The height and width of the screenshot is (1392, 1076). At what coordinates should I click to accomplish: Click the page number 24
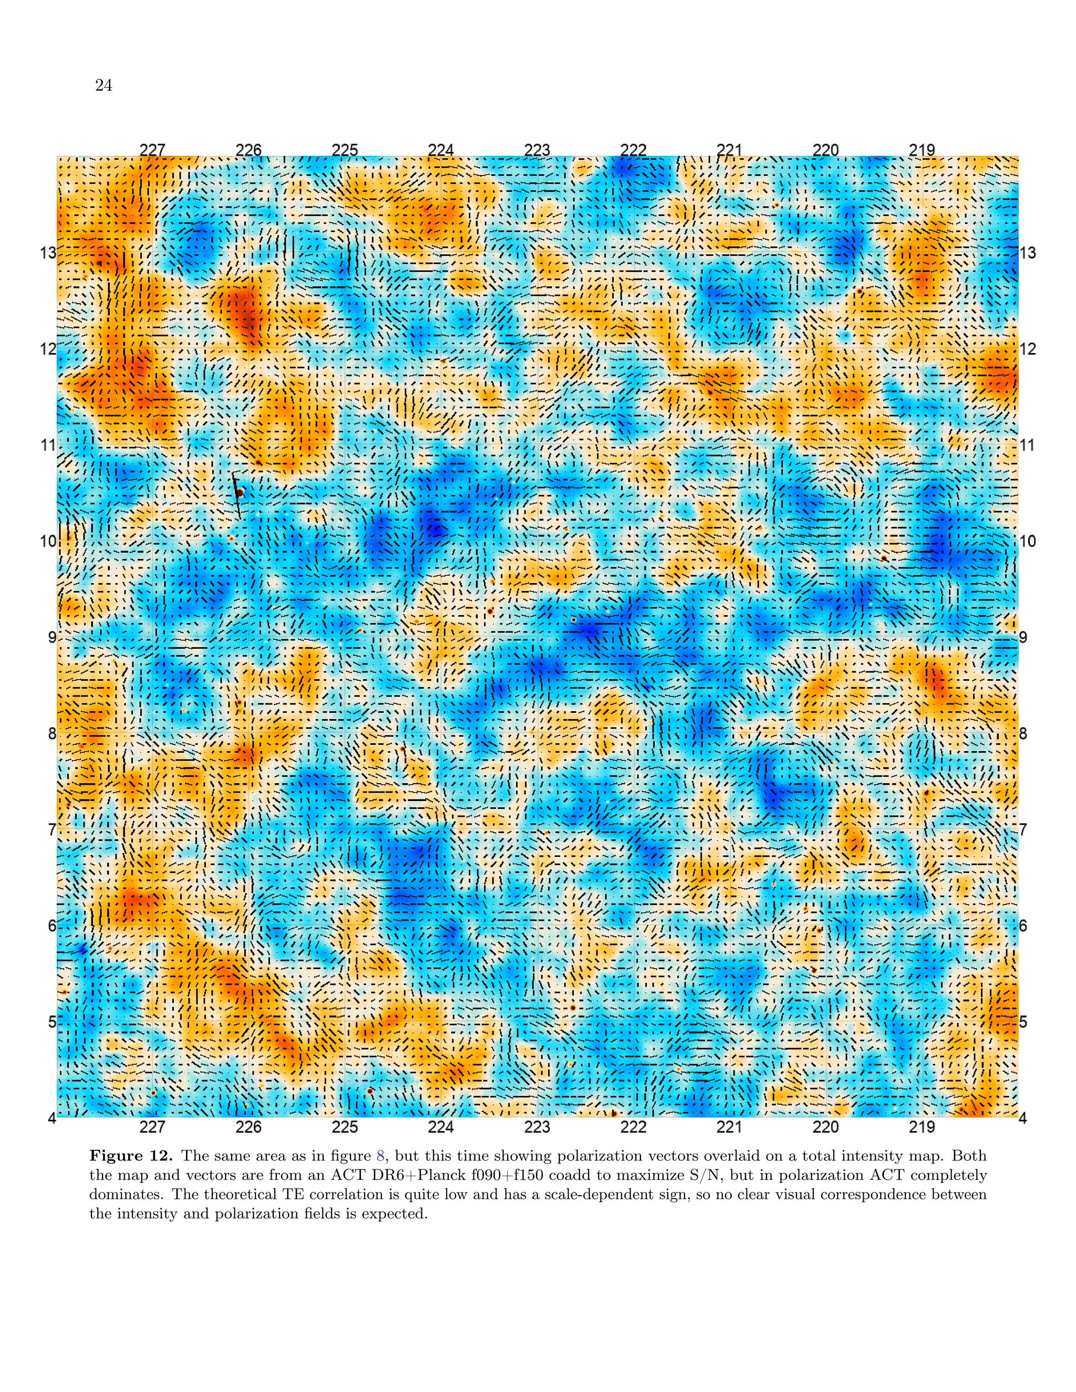point(104,86)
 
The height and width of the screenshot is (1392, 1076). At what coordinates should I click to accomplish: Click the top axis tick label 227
point(152,150)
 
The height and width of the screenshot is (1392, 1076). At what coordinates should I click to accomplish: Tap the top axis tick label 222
point(633,150)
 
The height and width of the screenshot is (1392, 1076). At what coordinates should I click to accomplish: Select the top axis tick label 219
point(922,150)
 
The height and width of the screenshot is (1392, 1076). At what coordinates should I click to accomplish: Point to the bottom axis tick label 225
point(345,1127)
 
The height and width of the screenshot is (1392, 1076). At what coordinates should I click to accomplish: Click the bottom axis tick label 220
point(825,1127)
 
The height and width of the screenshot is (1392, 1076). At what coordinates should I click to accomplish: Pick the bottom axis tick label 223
point(537,1127)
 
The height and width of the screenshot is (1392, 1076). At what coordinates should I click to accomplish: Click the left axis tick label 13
point(48,253)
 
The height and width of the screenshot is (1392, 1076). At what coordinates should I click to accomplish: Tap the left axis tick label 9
point(51,637)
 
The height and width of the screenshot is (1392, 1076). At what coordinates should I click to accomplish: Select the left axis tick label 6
point(51,926)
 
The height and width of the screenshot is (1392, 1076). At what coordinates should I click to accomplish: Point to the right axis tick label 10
point(1028,542)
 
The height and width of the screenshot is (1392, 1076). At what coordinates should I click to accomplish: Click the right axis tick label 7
point(1024,830)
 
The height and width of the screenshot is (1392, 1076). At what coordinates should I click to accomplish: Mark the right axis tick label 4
point(1024,1118)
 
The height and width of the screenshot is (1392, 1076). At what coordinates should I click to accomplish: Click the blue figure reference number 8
point(380,1156)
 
